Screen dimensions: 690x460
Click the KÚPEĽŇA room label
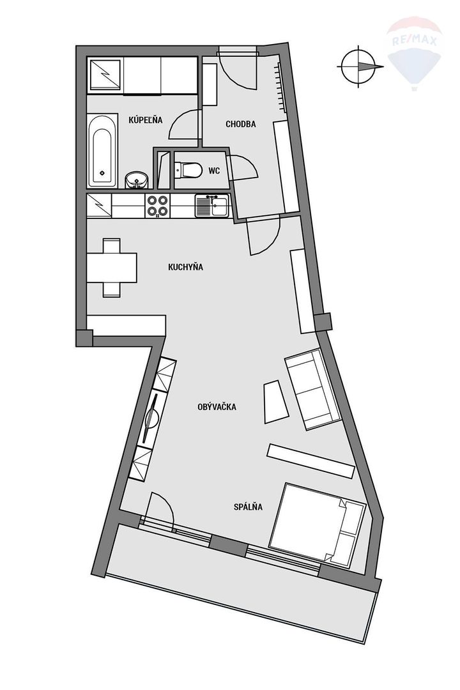point(146,120)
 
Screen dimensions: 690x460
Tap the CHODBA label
point(241,124)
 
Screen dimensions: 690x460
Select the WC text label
point(214,171)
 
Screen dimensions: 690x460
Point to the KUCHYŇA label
point(185,267)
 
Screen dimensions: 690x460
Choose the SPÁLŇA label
point(249,507)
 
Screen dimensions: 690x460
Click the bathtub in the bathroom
point(102,151)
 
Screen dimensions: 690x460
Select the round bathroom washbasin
point(135,180)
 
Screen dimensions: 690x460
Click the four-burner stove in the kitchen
point(158,205)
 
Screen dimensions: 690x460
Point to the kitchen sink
point(211,205)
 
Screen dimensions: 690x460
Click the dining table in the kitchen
point(112,267)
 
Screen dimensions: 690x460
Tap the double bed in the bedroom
point(317,525)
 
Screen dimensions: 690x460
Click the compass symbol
point(359,66)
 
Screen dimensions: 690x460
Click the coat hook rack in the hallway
point(279,83)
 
